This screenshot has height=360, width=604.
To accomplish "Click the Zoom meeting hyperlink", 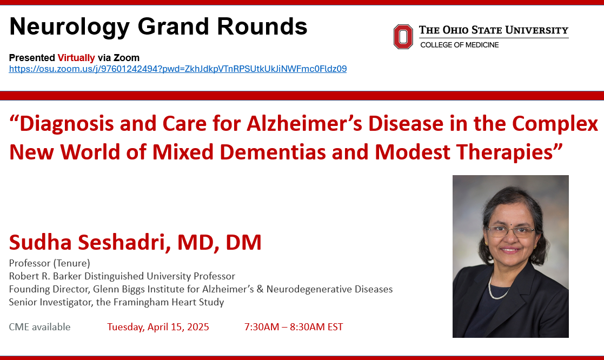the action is (x=177, y=69).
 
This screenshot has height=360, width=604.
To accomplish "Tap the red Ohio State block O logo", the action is (x=403, y=37).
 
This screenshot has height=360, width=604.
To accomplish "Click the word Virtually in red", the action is (x=76, y=58).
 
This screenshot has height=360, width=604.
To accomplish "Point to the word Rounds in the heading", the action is (x=262, y=26).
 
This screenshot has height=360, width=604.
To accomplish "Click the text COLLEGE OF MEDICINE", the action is (x=460, y=45).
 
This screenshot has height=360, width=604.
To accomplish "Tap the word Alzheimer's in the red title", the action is (x=304, y=124).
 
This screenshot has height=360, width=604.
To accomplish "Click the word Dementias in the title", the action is (x=273, y=152).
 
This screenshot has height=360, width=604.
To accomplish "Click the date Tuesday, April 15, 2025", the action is (x=158, y=327).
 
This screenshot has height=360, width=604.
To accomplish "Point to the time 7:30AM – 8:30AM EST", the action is (x=294, y=327).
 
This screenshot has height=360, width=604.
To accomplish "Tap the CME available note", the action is (x=39, y=327).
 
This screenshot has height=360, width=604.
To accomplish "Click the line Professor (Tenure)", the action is (x=49, y=263).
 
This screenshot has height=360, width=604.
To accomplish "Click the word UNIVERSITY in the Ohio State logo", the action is (x=537, y=30).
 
